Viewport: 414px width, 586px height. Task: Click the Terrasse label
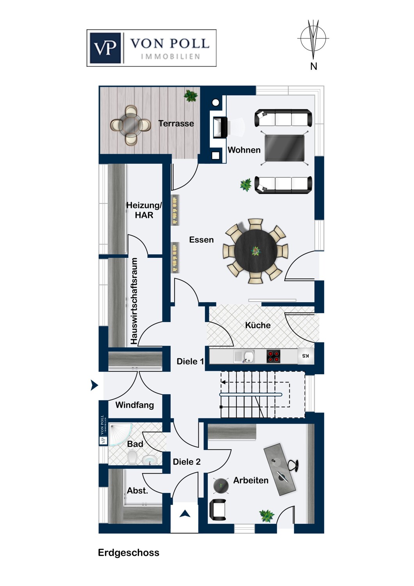tap(176, 123)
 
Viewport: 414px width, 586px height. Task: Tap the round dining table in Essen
tap(255, 251)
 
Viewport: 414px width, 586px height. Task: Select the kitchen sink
tap(244, 356)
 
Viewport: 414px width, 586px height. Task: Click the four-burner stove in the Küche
tap(273, 356)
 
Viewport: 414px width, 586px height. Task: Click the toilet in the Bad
tap(132, 457)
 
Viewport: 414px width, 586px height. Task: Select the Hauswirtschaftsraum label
tap(134, 301)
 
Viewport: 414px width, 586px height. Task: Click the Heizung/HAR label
tap(144, 210)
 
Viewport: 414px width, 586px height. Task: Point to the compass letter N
tap(314, 66)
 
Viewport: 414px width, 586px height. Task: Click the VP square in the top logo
tap(105, 48)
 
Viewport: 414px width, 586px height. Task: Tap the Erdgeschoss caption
tap(128, 552)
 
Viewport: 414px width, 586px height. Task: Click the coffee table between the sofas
tap(285, 148)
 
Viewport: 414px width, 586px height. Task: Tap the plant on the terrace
tap(191, 96)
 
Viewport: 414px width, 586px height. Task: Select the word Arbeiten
tap(251, 480)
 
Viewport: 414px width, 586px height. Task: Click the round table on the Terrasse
tap(130, 125)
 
